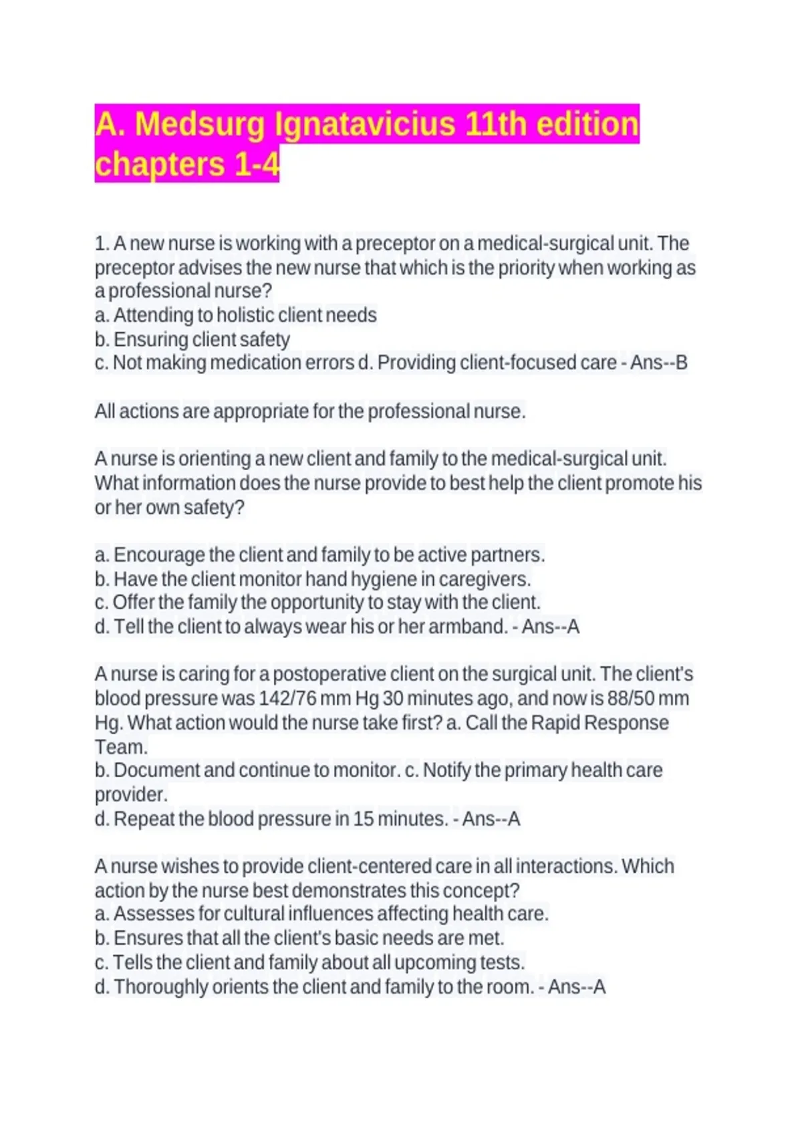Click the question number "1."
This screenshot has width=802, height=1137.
pyautogui.click(x=102, y=243)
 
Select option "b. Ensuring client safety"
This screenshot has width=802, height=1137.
pyautogui.click(x=192, y=340)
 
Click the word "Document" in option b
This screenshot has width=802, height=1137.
pyautogui.click(x=156, y=770)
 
